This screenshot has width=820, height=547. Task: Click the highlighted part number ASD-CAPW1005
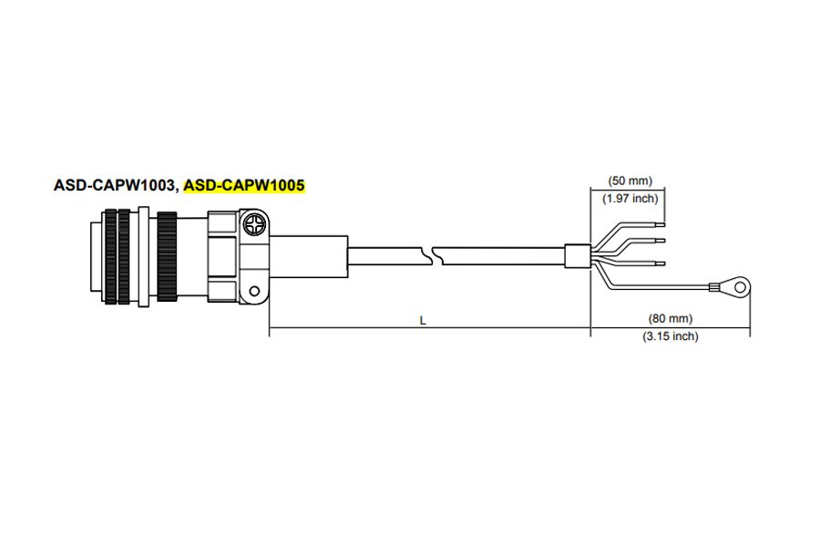click(x=244, y=186)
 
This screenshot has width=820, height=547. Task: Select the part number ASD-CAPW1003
click(x=114, y=186)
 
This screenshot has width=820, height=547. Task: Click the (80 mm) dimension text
click(x=670, y=319)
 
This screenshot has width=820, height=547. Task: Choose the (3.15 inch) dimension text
click(x=670, y=335)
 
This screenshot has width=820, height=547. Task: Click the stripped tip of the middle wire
click(x=659, y=242)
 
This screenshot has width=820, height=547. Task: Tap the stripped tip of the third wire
click(x=659, y=263)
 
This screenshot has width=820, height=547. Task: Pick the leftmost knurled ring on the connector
click(x=111, y=257)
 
